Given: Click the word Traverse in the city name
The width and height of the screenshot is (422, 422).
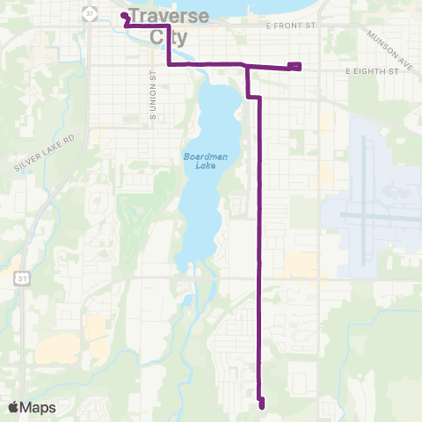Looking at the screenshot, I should click(x=169, y=16).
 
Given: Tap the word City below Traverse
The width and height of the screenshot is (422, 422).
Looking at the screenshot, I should click(x=170, y=37).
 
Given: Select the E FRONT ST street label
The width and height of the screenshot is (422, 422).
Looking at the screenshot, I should click(x=290, y=26).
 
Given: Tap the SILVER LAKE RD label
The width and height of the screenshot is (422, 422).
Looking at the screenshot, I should click(x=47, y=152).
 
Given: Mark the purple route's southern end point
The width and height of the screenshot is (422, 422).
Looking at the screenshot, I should click(x=262, y=404).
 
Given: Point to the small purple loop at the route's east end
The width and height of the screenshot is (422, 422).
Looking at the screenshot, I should click(x=295, y=66).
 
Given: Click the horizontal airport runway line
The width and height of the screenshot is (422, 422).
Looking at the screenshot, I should click(x=378, y=214).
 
